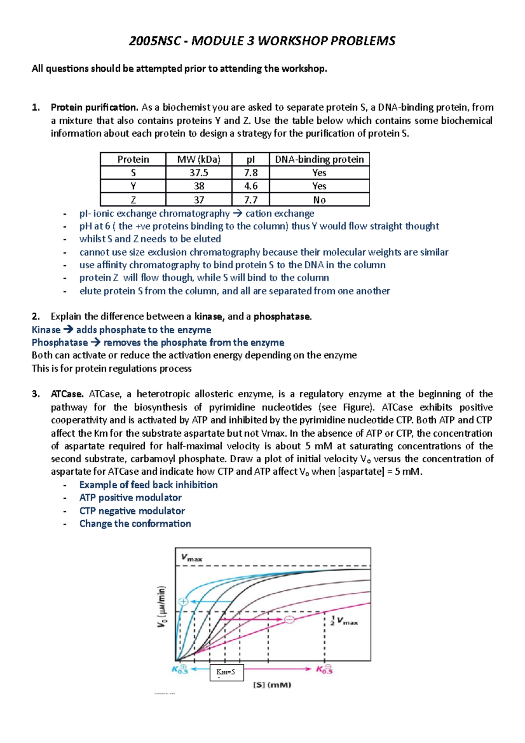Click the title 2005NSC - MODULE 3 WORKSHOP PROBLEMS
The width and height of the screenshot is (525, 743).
[x=262, y=41]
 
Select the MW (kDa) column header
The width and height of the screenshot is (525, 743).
[x=199, y=159]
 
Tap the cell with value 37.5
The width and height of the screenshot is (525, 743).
[x=199, y=173]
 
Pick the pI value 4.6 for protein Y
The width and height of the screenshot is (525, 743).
[x=251, y=186]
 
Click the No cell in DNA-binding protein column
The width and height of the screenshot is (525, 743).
[x=319, y=200]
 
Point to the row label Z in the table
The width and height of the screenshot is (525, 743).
[x=133, y=200]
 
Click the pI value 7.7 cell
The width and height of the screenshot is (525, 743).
[x=251, y=200]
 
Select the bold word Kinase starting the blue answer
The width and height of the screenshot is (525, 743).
[x=46, y=330]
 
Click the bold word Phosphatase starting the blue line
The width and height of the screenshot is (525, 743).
[x=59, y=343]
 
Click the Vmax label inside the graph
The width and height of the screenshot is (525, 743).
[x=192, y=558]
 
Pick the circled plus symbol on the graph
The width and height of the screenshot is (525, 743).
[x=183, y=601]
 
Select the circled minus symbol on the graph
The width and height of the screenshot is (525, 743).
[x=289, y=619]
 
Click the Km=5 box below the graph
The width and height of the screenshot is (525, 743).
[x=226, y=672]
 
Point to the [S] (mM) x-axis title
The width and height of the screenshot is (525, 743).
[x=272, y=685]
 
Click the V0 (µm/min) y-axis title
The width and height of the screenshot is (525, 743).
[x=162, y=606]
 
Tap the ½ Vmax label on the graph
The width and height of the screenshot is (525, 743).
[x=344, y=621]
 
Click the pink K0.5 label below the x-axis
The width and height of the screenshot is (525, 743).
[x=325, y=669]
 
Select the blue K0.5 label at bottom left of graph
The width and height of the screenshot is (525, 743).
[x=180, y=669]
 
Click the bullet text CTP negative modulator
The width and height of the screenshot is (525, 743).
[x=132, y=511]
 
